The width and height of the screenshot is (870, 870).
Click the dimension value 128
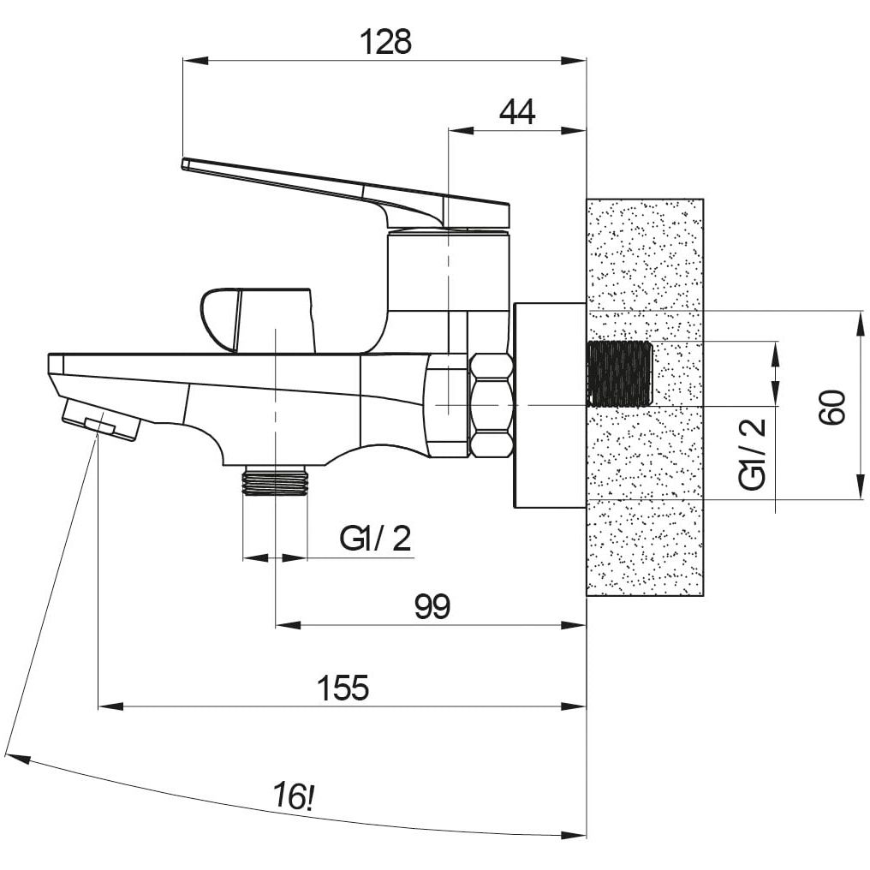pos(385,42)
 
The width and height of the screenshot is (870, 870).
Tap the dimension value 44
pos(517,112)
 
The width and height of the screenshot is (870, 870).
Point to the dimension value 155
pos(343,688)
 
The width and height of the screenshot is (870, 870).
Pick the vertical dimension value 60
pos(833,408)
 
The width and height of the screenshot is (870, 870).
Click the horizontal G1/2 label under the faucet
pos(376,539)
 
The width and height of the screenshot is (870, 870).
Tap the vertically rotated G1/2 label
pos(753,453)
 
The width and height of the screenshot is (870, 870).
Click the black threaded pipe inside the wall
pos(619,373)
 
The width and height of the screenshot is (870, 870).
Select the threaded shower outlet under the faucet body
pos(275,480)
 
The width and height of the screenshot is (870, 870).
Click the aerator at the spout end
pos(101,420)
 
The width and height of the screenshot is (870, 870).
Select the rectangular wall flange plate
pos(550,405)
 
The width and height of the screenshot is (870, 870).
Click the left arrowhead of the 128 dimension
pos(194,61)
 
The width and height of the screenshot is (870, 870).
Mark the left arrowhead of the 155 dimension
pos(110,706)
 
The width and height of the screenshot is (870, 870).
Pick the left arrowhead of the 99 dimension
pos(288,625)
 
